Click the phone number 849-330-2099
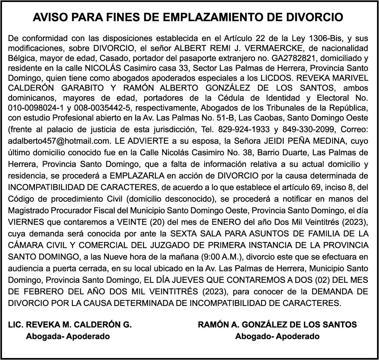pos(310,130)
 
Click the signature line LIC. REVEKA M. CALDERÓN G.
pos(70,325)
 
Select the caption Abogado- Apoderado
pos(277,337)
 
